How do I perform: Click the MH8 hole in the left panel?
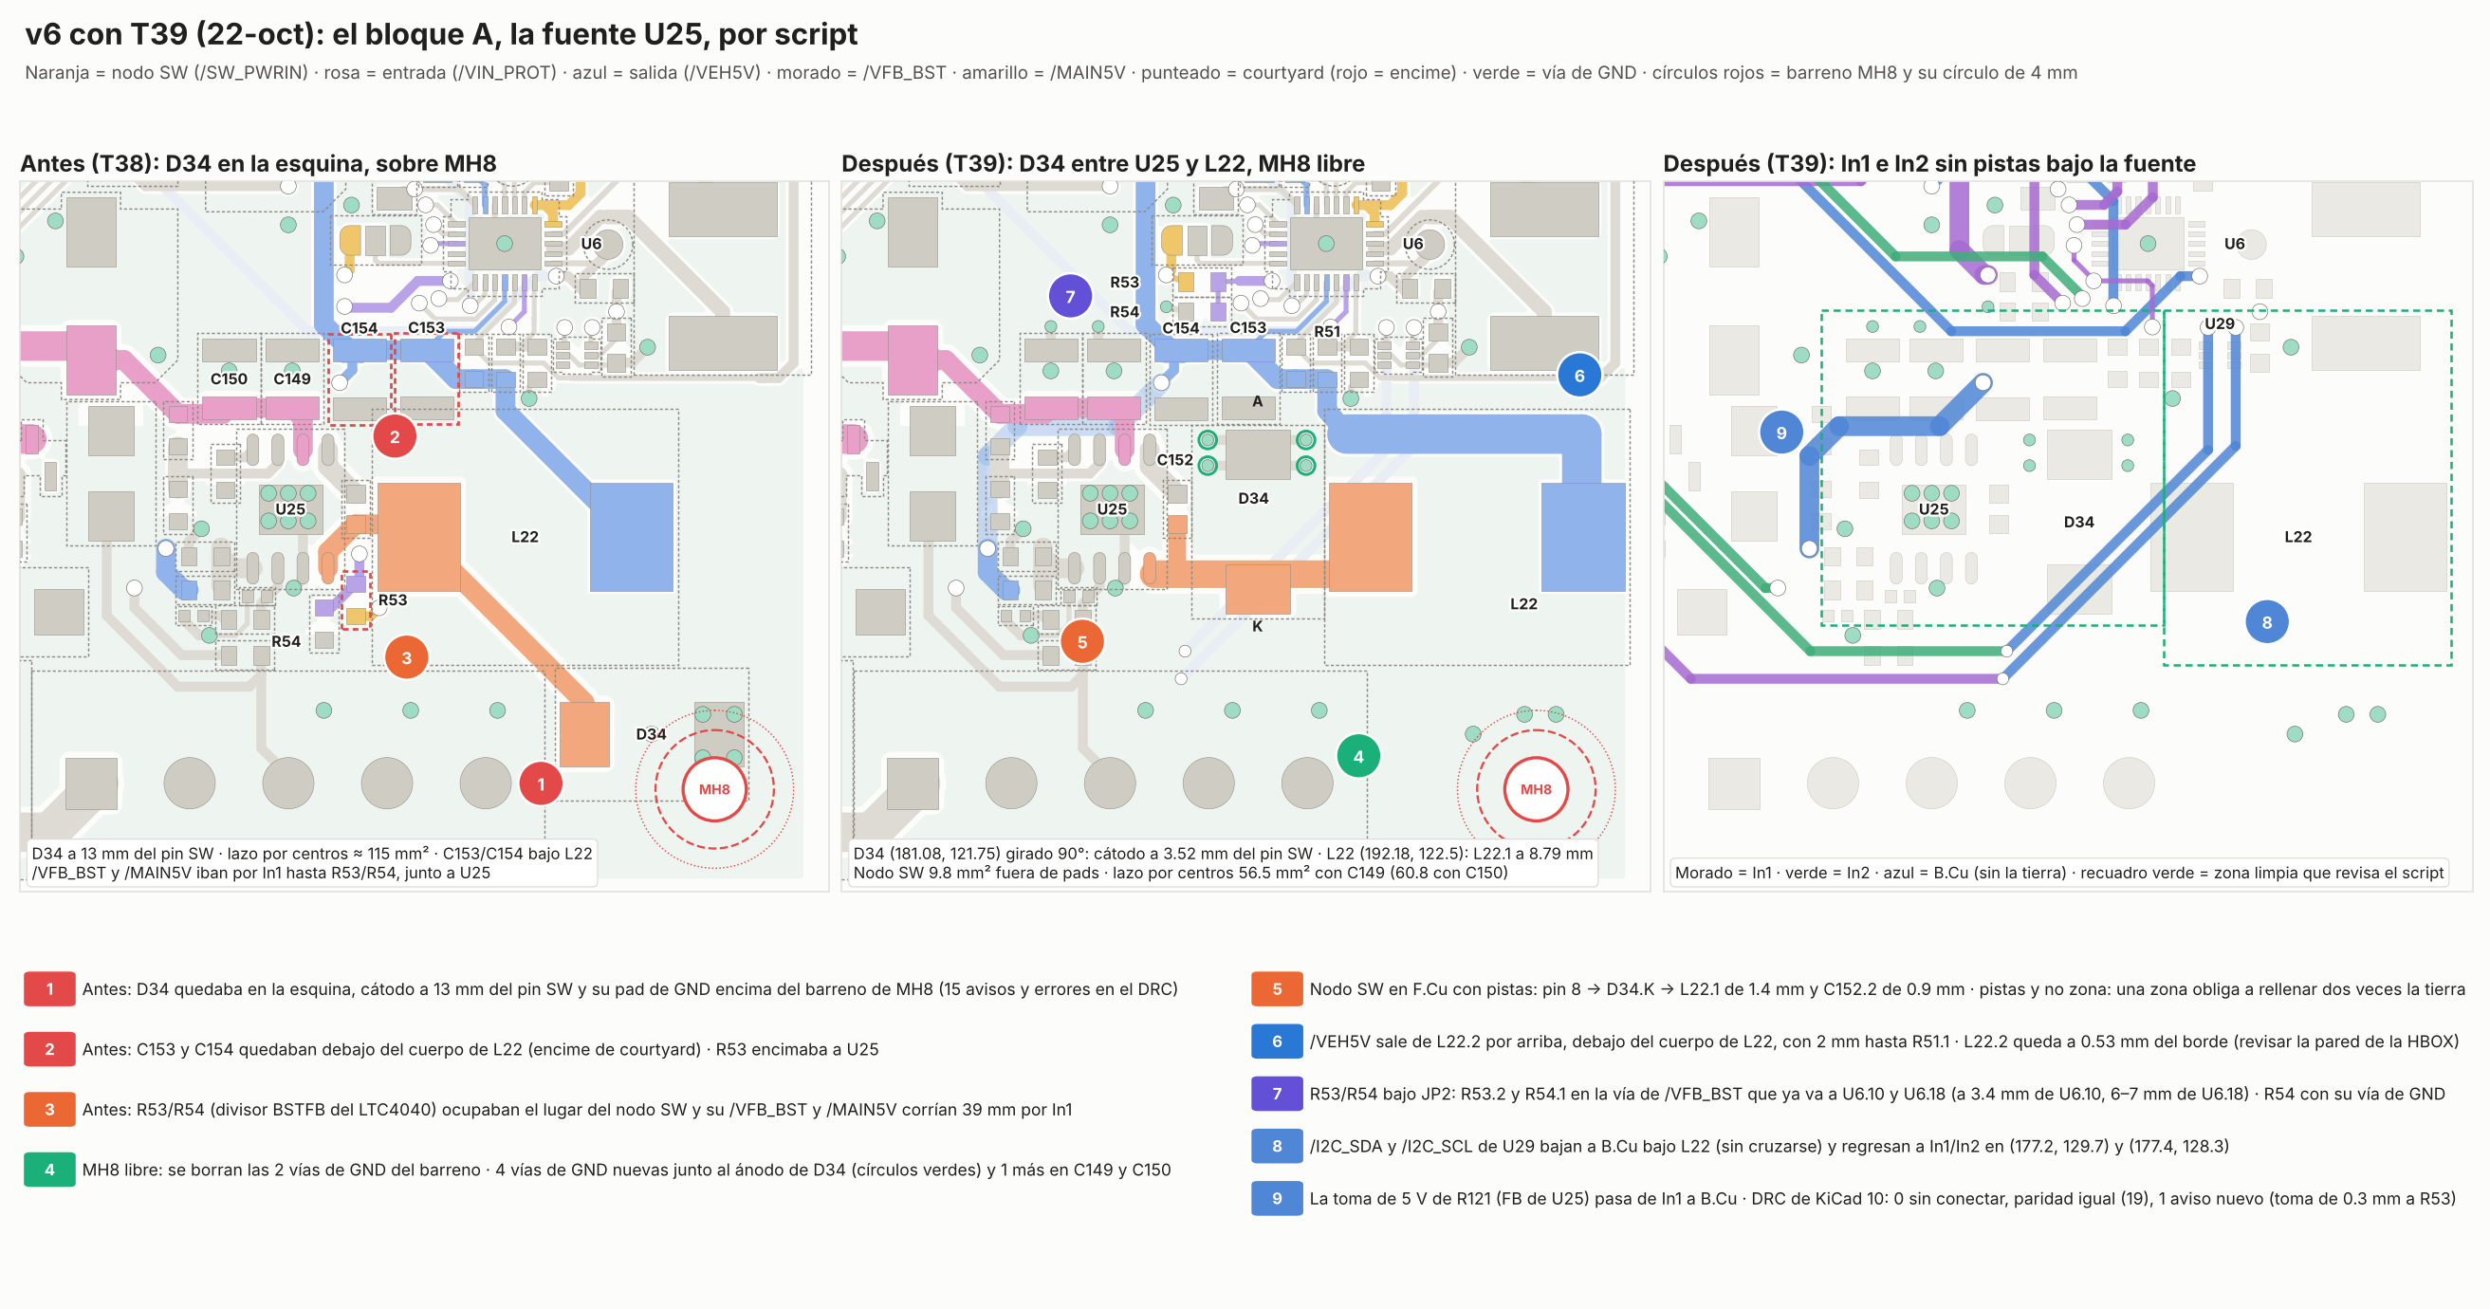[714, 789]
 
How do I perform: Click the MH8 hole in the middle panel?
[1536, 789]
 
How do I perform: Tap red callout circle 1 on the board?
[542, 784]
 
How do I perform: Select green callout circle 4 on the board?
[1358, 756]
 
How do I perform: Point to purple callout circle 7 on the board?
[1070, 296]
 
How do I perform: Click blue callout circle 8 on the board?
[2267, 621]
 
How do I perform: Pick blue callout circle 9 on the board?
[1781, 433]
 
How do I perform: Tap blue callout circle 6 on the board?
[1579, 375]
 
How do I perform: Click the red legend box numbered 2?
[49, 1049]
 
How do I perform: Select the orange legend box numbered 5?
[1277, 989]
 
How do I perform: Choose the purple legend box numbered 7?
[1277, 1094]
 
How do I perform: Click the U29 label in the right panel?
[2220, 323]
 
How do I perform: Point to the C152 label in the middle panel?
[1175, 460]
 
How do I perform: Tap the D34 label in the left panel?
[652, 734]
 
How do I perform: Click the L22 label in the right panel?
[2298, 537]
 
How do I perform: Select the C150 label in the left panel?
[230, 379]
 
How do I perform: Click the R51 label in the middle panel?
[1327, 332]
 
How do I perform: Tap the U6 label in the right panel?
[2235, 244]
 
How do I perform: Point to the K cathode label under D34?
[1258, 626]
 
